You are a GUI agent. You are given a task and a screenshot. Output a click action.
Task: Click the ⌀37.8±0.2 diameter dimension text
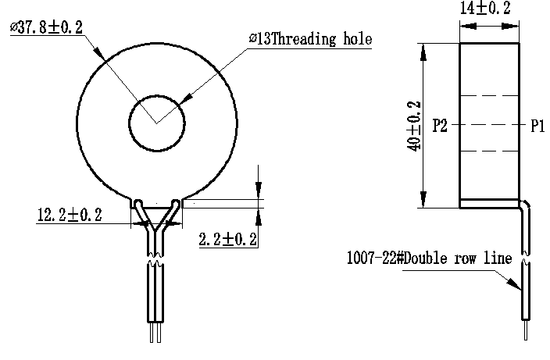coord(47,27)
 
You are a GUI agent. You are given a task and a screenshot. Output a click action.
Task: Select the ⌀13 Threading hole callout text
coord(310,38)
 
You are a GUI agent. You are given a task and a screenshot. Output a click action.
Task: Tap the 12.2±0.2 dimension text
coord(70,215)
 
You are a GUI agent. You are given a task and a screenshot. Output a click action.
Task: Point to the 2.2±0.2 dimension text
coord(228,240)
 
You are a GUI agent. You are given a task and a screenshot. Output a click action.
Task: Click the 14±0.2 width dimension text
coord(485,8)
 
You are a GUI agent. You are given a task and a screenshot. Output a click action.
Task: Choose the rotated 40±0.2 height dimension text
coord(414,127)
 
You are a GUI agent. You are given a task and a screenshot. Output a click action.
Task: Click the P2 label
coord(440,125)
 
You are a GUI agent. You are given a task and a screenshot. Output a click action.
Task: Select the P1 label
coord(537,126)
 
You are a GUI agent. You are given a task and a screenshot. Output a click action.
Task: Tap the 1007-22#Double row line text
coord(430,258)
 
